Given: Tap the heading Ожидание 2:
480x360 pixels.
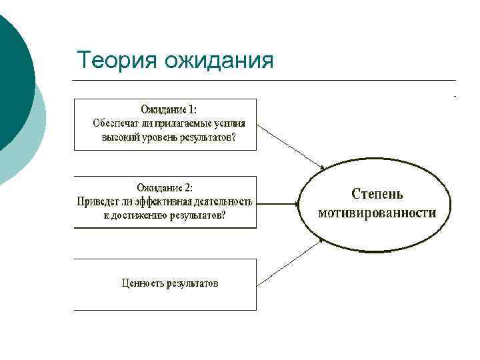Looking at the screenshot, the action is click(165, 188).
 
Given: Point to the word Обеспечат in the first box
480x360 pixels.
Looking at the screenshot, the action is click(117, 123).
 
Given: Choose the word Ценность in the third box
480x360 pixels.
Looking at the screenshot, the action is click(141, 283).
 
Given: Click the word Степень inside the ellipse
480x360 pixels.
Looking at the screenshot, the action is click(377, 195).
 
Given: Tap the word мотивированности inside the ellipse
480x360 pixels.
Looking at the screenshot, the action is click(377, 213).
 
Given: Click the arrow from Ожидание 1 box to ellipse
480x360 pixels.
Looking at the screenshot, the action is click(289, 146).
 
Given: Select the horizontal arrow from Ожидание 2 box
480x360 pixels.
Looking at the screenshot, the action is click(277, 202).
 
